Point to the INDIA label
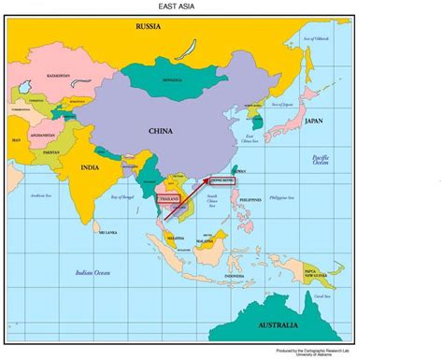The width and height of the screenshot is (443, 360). [x=89, y=168]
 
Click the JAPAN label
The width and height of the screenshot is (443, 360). [x=314, y=121]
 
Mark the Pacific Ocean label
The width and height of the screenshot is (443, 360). [x=322, y=161]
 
